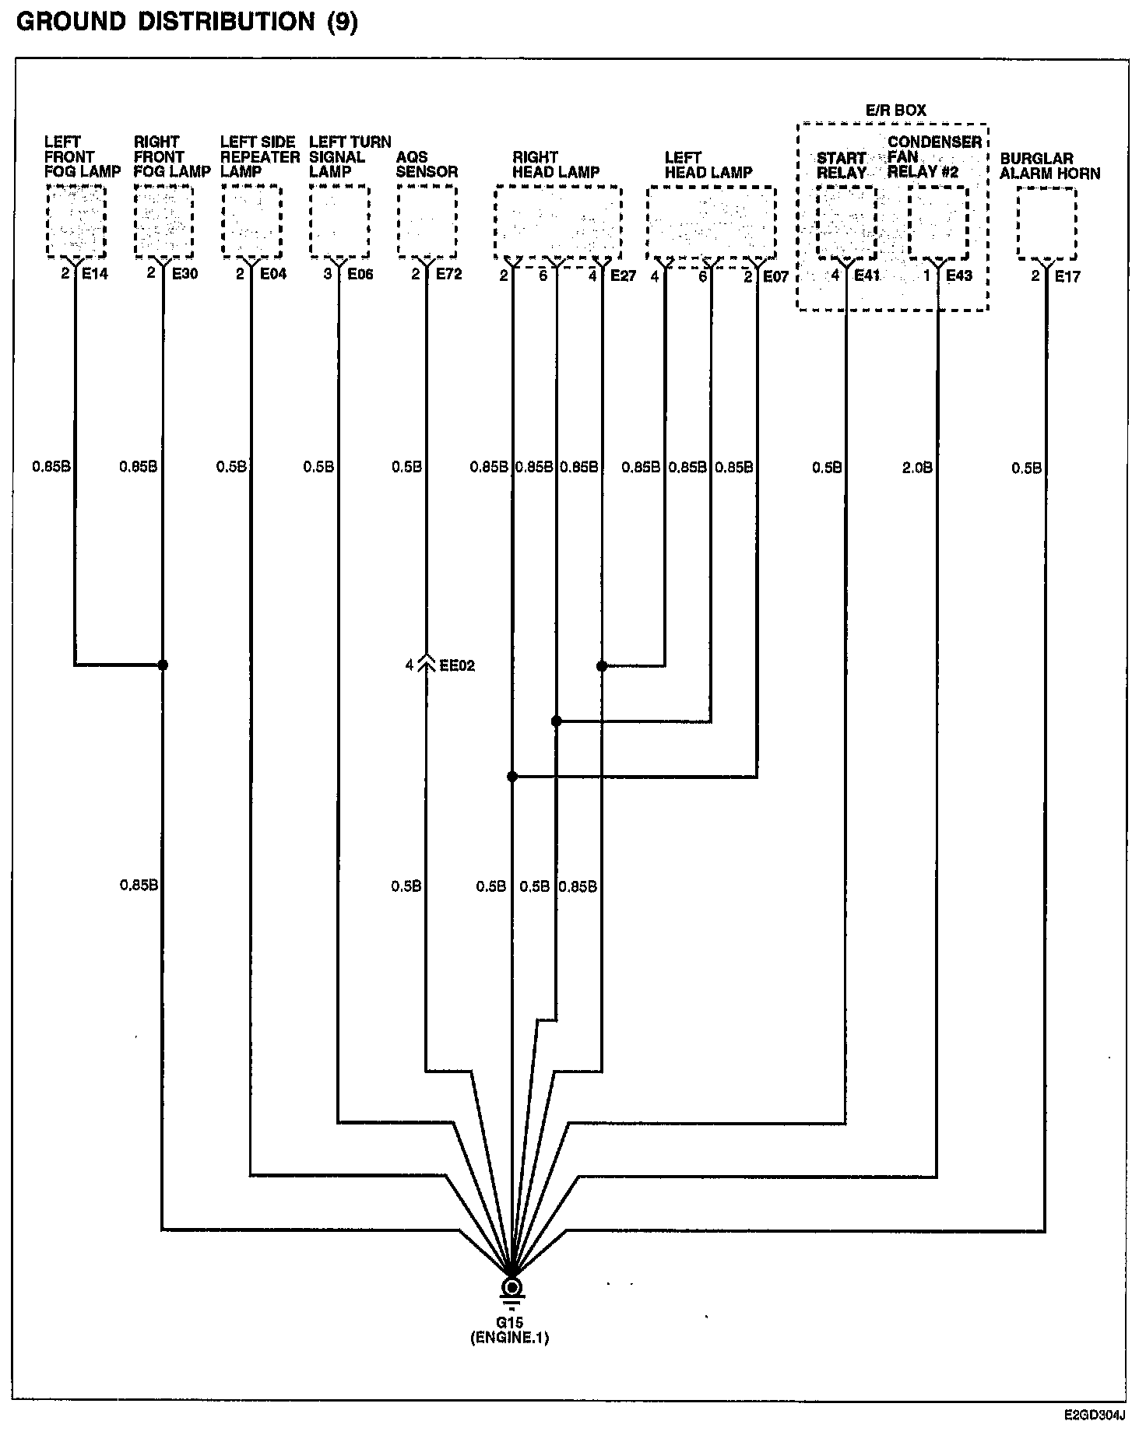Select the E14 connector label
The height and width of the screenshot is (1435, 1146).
tap(95, 275)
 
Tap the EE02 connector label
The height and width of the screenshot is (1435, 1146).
tap(457, 665)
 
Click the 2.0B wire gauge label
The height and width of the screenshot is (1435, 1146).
tap(917, 468)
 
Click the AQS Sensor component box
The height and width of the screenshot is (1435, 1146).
tap(427, 222)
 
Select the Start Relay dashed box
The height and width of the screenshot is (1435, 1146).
tap(846, 223)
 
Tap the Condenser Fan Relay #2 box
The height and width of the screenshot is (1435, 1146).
tap(938, 223)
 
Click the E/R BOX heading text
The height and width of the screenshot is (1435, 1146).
tap(896, 111)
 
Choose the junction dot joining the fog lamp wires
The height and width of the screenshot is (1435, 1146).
tap(163, 665)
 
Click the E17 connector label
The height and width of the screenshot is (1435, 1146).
tap(1067, 275)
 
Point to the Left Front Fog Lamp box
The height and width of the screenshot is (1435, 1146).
tap(76, 222)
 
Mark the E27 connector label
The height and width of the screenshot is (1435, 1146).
tap(623, 275)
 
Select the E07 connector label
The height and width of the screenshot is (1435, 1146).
tap(775, 275)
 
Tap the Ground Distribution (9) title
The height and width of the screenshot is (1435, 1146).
tap(187, 23)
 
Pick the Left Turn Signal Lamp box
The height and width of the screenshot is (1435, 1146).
tap(339, 222)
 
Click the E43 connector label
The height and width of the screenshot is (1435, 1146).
tap(959, 275)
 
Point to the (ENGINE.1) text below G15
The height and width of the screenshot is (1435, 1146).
tap(510, 1339)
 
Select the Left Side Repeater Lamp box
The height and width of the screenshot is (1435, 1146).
tap(251, 222)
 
